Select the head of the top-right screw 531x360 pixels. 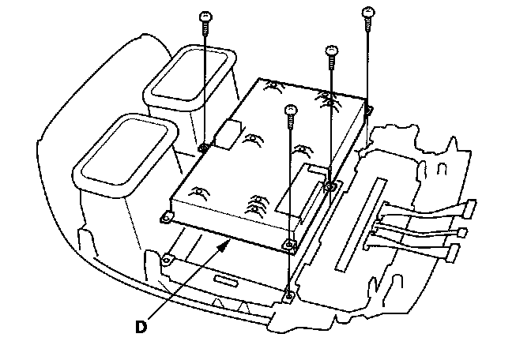tap(367, 12)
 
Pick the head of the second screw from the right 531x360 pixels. tap(332, 51)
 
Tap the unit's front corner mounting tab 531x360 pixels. tap(290, 246)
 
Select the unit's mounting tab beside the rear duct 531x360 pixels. tap(203, 146)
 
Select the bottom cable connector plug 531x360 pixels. tap(454, 253)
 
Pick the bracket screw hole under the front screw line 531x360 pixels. tap(290, 296)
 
